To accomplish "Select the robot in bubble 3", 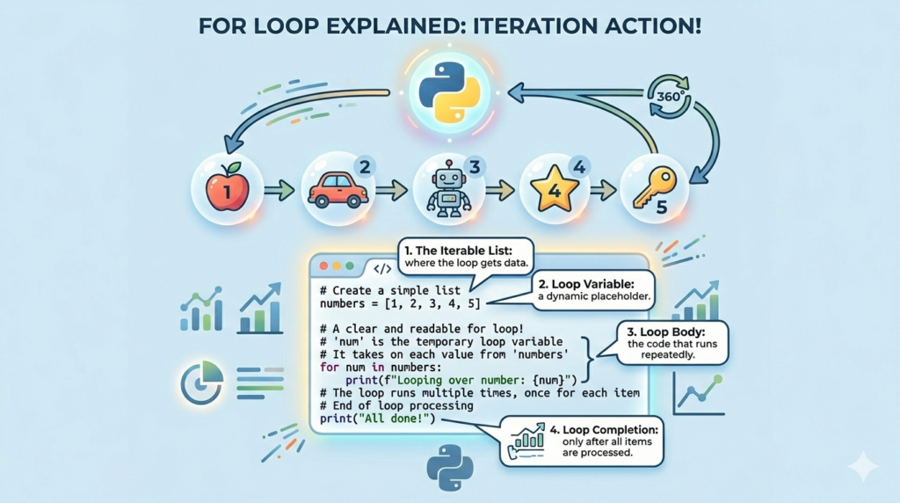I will pos(447,187).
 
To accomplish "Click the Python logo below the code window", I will pos(450,467).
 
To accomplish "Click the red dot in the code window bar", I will pos(323,265).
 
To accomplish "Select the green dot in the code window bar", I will pos(350,265).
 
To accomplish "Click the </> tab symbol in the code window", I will pos(383,268).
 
